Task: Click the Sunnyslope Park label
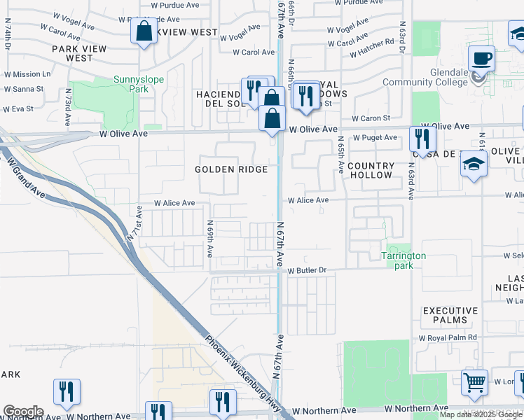(x=139, y=85)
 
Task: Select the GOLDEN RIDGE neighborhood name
(x=231, y=169)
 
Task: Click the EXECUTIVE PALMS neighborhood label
(x=450, y=315)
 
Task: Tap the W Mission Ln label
(x=27, y=73)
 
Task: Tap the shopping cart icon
(x=475, y=382)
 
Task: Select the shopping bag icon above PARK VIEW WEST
(x=144, y=31)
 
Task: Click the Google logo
(x=22, y=412)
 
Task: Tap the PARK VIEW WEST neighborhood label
(x=80, y=53)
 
